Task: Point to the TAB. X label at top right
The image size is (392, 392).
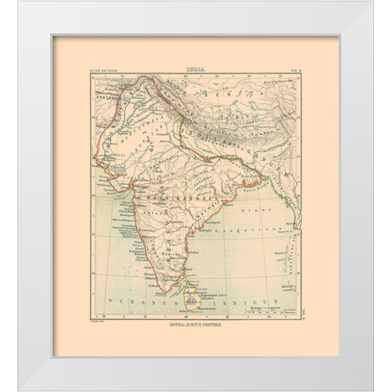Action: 297,74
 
